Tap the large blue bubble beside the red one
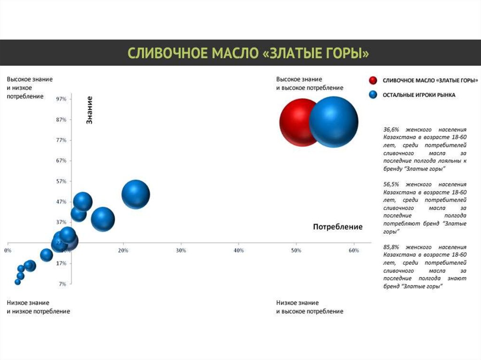334,122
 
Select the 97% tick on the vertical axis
61,99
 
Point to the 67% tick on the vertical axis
61,161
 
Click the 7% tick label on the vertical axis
62,284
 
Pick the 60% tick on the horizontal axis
354,251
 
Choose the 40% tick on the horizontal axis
239,251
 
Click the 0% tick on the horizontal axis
8,251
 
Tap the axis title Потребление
338,227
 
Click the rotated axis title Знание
89,110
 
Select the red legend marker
373,81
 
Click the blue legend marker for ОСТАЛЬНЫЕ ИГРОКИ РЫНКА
373,95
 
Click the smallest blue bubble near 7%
18,282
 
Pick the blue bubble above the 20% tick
136,194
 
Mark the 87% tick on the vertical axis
61,120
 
